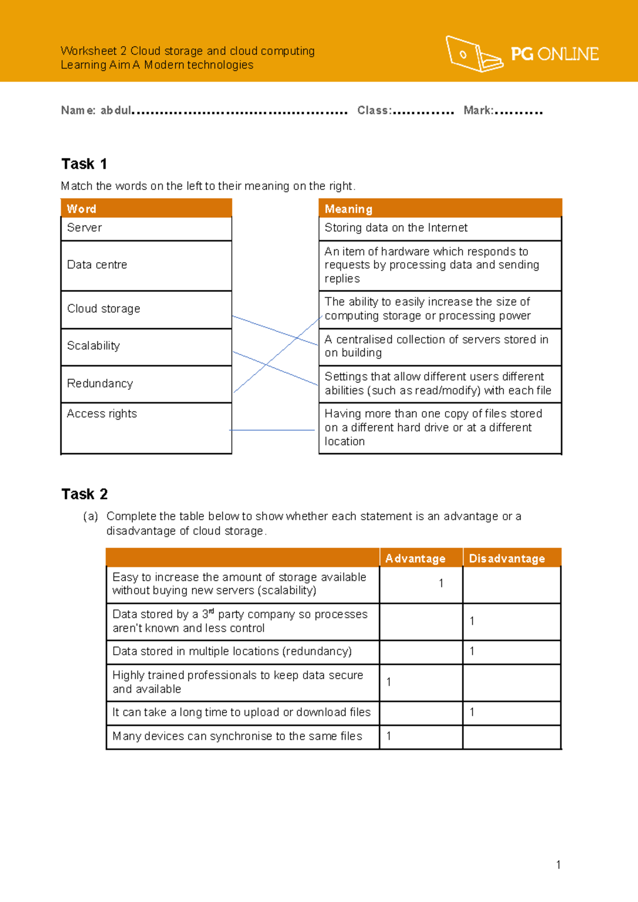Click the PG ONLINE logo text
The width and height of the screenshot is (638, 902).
[555, 54]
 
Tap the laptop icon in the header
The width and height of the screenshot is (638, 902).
[473, 54]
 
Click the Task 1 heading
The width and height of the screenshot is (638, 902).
[84, 164]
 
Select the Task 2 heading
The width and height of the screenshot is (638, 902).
[85, 494]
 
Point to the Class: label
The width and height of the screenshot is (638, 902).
[374, 111]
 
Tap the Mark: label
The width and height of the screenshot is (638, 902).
[478, 111]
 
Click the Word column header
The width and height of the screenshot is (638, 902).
[81, 208]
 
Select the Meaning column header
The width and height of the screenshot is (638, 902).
[348, 209]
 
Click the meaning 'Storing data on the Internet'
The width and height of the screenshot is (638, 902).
[396, 228]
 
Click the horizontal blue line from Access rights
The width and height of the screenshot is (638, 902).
[272, 430]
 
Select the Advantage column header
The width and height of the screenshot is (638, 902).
[415, 558]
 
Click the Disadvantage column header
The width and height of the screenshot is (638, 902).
[507, 558]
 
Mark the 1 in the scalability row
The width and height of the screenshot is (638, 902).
[441, 583]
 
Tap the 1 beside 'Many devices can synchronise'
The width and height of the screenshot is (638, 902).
[389, 736]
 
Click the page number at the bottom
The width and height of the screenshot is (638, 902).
[558, 865]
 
